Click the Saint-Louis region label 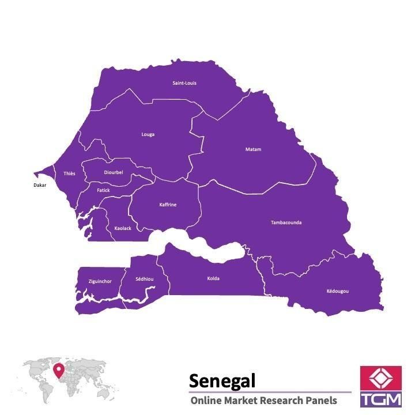pyautogui.click(x=184, y=83)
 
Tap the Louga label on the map pyautogui.click(x=148, y=135)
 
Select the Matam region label pyautogui.click(x=253, y=149)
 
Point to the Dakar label pyautogui.click(x=40, y=185)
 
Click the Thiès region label pyautogui.click(x=69, y=173)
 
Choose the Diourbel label pyautogui.click(x=114, y=172)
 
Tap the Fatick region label pyautogui.click(x=103, y=190)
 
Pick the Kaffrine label pyautogui.click(x=168, y=205)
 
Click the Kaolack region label pyautogui.click(x=123, y=228)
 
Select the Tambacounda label pyautogui.click(x=286, y=222)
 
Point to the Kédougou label pyautogui.click(x=337, y=291)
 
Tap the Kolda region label pyautogui.click(x=213, y=279)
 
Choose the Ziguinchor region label pyautogui.click(x=100, y=281)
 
